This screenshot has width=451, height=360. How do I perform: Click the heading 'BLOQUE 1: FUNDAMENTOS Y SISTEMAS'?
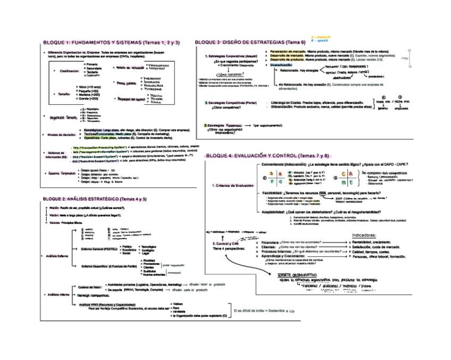tap(110, 42)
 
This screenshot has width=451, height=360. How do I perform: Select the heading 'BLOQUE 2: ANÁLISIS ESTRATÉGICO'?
tap(94, 198)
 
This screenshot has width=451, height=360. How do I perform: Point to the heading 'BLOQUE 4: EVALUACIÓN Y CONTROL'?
tap(267, 156)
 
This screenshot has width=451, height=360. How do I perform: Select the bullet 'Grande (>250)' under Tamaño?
tap(88, 98)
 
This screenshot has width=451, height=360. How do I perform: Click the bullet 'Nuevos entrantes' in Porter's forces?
tap(155, 274)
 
